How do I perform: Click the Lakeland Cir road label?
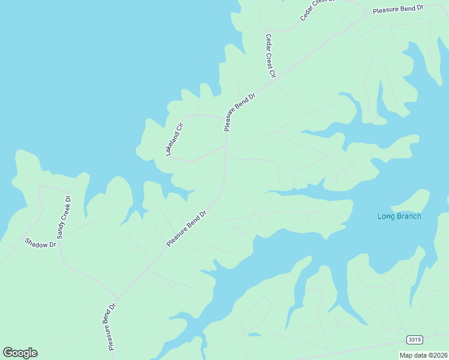(x=174, y=139)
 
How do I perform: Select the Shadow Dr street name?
(x=40, y=243)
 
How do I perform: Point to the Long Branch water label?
(x=399, y=216)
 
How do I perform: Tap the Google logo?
(x=20, y=353)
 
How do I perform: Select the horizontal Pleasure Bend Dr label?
(x=398, y=10)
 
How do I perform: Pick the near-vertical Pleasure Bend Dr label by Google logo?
(x=112, y=326)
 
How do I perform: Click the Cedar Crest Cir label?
(x=270, y=56)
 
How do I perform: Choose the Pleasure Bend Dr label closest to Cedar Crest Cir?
(x=240, y=112)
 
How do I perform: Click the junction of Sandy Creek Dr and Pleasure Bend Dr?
(x=118, y=298)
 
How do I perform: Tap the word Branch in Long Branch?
(x=408, y=216)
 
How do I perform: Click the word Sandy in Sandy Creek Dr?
(x=61, y=229)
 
